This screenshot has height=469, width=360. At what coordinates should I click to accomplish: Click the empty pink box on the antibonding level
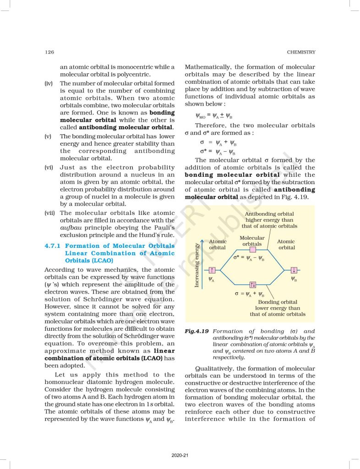[252, 250]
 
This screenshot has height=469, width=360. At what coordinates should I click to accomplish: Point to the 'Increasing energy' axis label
[196, 266]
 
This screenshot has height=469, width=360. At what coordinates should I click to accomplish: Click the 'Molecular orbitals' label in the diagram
[252, 241]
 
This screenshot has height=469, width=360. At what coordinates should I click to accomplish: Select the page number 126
[49, 52]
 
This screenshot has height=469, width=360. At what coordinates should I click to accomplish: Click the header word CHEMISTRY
[301, 52]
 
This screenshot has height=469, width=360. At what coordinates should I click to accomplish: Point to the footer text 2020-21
[180, 455]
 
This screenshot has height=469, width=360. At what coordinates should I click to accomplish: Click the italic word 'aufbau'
[71, 228]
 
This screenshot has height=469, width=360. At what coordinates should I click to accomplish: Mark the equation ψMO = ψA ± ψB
[215, 115]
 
